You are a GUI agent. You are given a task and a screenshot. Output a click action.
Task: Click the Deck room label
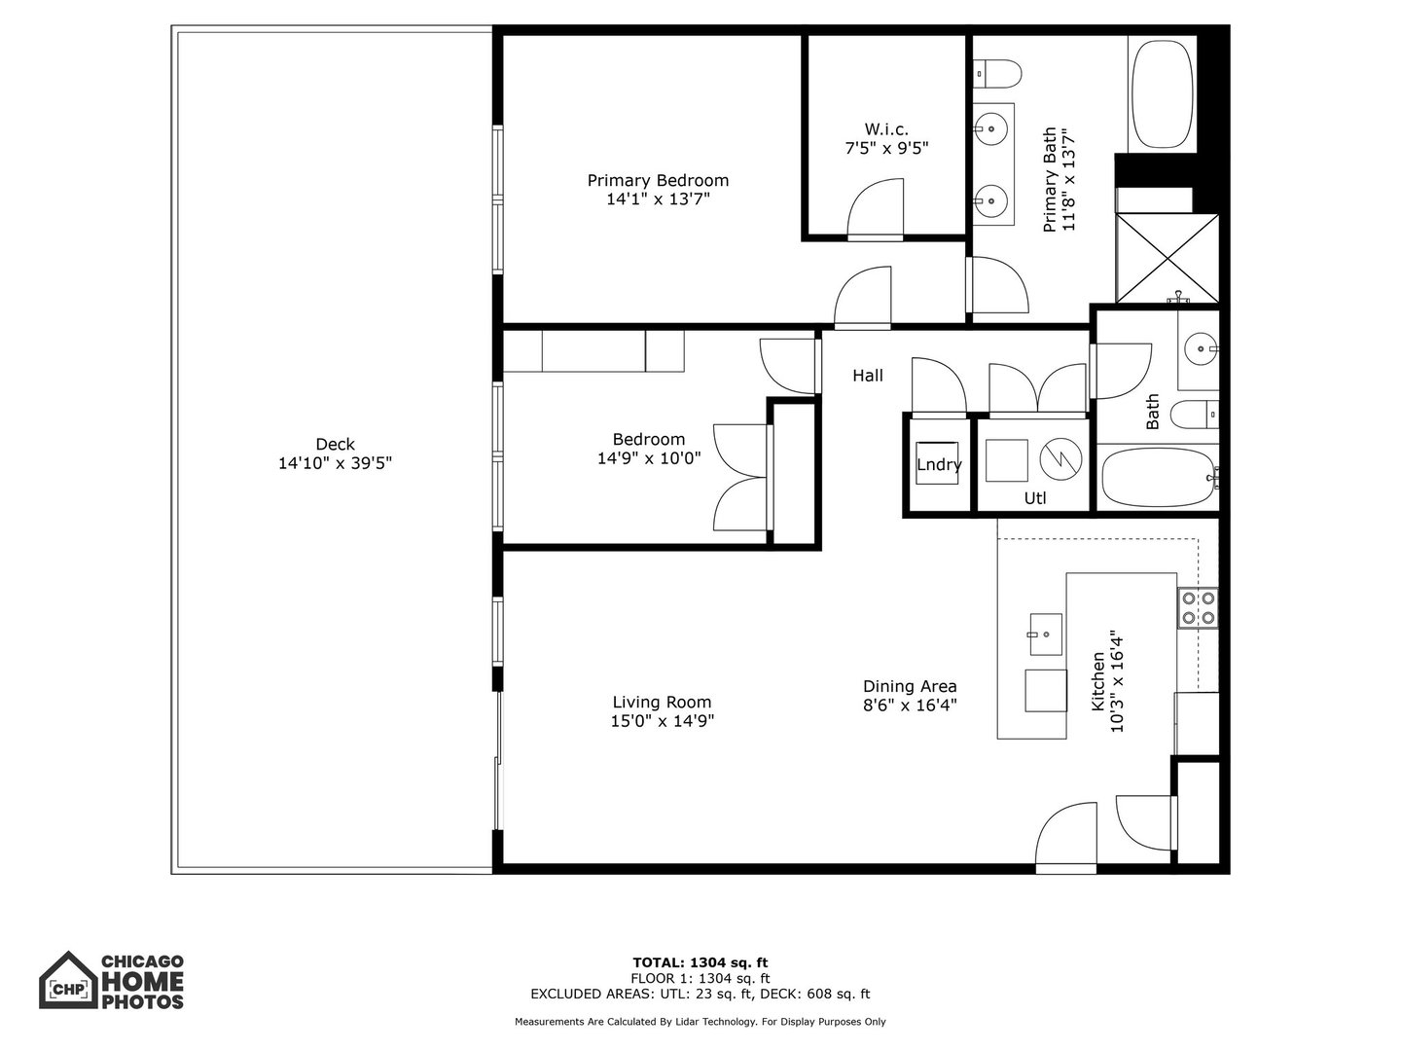click(335, 445)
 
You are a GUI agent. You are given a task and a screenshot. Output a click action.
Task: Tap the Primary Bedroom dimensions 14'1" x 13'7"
click(658, 199)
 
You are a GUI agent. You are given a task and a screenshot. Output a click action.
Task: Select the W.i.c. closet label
click(885, 129)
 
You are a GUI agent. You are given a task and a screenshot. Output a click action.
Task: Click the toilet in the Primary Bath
click(996, 72)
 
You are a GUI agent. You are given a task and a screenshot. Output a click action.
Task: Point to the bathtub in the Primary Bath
click(1162, 94)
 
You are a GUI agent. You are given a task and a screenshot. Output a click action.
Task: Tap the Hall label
click(868, 376)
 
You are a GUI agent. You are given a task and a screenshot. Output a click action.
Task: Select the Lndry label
click(939, 465)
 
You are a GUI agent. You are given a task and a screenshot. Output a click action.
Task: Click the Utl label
click(1035, 498)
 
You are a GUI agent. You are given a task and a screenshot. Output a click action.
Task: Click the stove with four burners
click(1197, 608)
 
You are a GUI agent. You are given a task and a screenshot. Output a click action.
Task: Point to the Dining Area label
click(910, 686)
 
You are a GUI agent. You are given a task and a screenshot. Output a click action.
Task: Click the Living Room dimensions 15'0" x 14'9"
click(662, 721)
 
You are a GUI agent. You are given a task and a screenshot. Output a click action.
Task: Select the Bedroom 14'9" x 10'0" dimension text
click(648, 457)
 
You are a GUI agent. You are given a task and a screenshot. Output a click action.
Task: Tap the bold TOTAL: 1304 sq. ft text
click(700, 963)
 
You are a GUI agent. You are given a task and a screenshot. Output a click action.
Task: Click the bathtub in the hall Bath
click(1157, 477)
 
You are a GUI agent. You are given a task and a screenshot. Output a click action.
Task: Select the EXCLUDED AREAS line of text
click(700, 994)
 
